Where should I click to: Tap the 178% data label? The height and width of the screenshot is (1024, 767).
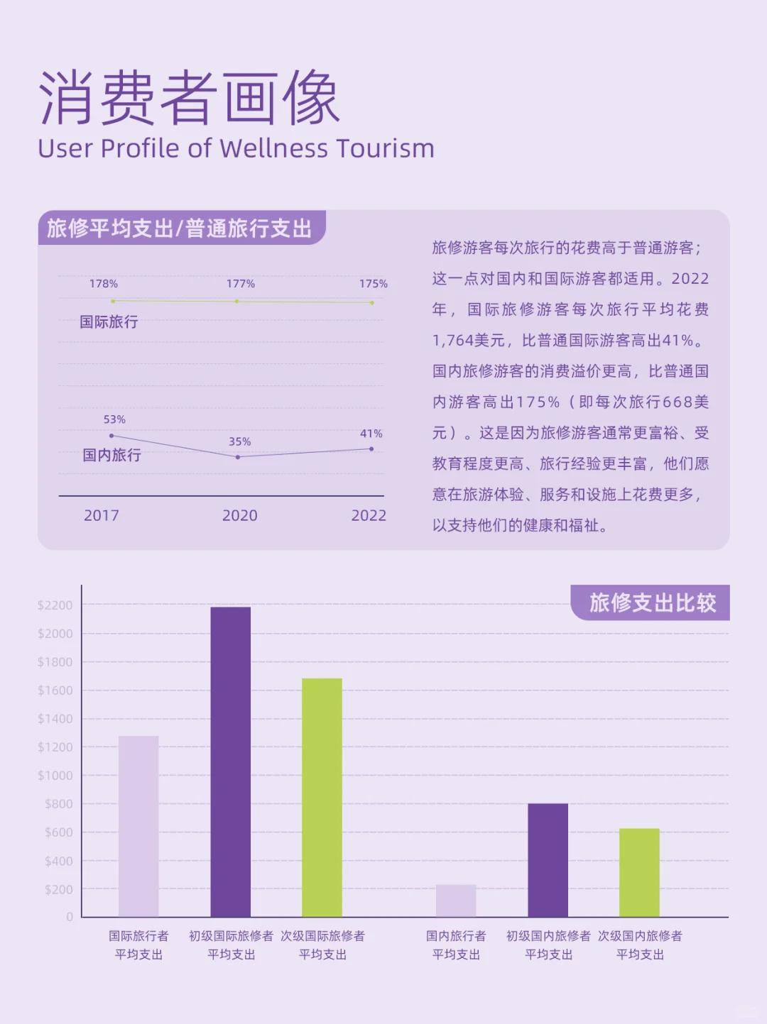pos(103,284)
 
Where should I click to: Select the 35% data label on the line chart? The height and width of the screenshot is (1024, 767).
pos(239,441)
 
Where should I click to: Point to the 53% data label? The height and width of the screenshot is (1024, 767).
pos(114,419)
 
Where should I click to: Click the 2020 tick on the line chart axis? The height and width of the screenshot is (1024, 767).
pos(239,516)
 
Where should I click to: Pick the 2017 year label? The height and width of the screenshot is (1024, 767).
pos(102,516)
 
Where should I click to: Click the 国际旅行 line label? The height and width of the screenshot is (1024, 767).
pos(109,322)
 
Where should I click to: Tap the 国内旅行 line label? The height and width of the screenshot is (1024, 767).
pos(111,455)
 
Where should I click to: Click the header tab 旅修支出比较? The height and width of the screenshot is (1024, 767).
pos(652,603)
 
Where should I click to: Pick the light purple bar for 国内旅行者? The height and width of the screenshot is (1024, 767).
pos(456,901)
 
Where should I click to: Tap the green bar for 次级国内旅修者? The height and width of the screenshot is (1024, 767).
pos(639,872)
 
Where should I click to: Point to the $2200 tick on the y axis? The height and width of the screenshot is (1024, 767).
pos(55,605)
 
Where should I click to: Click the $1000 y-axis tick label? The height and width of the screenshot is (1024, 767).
pos(55,776)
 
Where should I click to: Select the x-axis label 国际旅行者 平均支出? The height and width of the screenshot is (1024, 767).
pos(138,945)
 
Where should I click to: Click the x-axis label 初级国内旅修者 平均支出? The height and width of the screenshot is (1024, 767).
pos(548,945)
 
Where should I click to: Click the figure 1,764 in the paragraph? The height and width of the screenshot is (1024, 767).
pos(452,341)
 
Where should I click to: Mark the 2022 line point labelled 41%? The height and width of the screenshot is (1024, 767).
pos(371,448)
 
